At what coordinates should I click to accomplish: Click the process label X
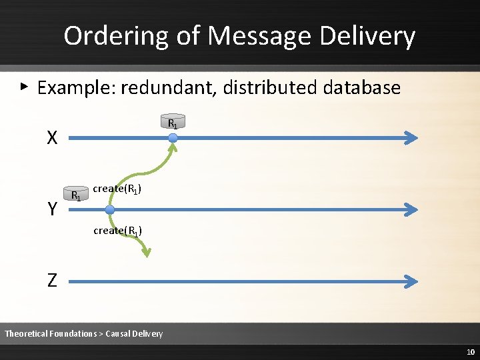point(52,138)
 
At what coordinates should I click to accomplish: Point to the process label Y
point(52,209)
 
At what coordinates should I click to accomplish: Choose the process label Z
point(52,281)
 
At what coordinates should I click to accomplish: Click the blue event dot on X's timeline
point(173,138)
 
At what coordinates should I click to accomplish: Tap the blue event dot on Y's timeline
point(110,209)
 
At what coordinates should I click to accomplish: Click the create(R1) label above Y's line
point(117,189)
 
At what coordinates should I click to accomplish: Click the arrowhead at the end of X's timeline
point(412,138)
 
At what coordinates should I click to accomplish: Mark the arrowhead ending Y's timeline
point(412,209)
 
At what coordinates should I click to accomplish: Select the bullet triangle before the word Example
point(24,86)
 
